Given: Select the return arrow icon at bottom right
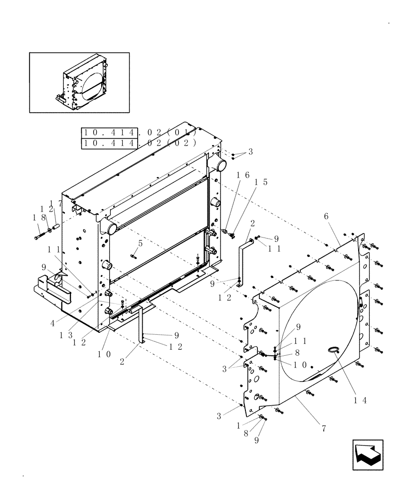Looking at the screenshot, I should pos(367,455).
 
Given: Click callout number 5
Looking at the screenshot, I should pos(140,244).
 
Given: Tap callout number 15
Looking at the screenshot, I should pos(261,182).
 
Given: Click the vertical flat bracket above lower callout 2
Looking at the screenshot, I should pos(141,324).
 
